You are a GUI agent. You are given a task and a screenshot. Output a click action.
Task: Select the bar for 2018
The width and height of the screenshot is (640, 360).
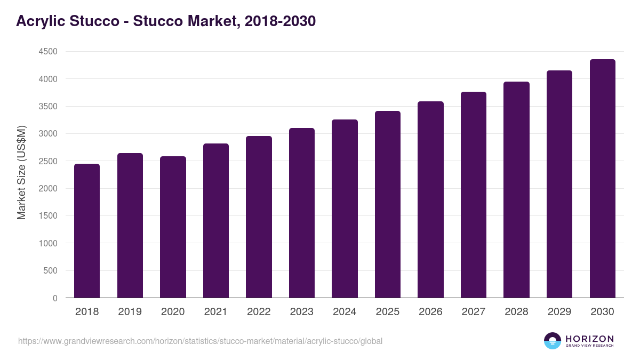click(x=87, y=231)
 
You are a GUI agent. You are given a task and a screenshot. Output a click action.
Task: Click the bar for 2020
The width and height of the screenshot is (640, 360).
click(x=173, y=227)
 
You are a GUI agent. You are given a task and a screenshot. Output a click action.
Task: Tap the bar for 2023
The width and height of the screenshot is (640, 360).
click(x=301, y=213)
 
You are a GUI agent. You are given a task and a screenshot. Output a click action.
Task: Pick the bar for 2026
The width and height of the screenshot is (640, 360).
click(x=430, y=199)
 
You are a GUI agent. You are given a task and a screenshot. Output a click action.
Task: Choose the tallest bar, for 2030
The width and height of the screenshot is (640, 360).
click(x=602, y=179)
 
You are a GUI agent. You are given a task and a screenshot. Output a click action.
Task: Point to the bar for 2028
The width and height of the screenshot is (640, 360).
click(x=516, y=190)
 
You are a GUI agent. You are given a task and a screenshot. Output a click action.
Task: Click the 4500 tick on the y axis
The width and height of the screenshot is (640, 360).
click(x=48, y=52)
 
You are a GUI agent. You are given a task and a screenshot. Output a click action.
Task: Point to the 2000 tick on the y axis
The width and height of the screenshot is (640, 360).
click(x=48, y=189)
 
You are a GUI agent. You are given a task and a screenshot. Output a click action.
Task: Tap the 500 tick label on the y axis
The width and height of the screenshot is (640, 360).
click(x=51, y=271)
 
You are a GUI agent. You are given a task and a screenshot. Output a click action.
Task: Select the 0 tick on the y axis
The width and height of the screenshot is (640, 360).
click(x=55, y=298)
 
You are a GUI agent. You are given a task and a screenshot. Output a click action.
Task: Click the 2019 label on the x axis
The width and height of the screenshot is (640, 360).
click(x=130, y=312)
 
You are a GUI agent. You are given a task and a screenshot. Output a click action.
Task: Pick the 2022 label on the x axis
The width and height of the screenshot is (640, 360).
click(x=259, y=312)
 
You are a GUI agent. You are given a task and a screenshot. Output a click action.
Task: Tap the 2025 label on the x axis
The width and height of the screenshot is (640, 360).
click(x=387, y=312)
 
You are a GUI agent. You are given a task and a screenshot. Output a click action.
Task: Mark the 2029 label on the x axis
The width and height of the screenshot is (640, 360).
click(x=559, y=312)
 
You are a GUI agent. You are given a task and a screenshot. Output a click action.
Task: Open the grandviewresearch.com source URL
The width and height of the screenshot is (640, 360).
click(x=201, y=341)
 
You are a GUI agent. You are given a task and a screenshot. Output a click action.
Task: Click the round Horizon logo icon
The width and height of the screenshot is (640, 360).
click(x=553, y=341)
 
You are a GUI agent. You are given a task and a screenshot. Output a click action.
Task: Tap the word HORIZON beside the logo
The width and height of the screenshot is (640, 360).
click(x=589, y=339)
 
